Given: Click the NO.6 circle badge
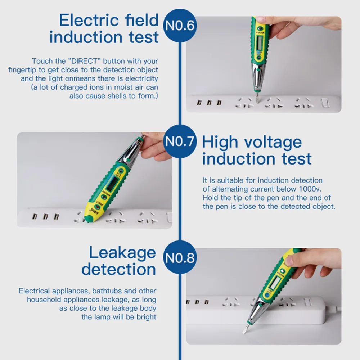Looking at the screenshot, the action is (x=180, y=26).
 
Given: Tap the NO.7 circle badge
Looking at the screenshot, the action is (x=180, y=141).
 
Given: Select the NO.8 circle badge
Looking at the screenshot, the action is (x=180, y=257).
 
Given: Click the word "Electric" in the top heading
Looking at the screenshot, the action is (x=89, y=20).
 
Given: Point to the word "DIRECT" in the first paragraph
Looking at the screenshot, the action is (x=85, y=61).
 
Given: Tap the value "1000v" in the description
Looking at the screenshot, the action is (x=310, y=189).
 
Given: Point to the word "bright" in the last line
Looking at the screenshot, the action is (x=146, y=317).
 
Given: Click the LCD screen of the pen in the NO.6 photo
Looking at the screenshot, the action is (x=260, y=43).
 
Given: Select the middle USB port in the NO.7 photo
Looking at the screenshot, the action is (x=46, y=216).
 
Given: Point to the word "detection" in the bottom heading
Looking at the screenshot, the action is (x=119, y=270).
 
